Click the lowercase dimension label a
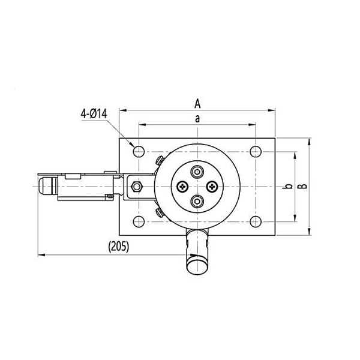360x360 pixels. pyautogui.click(x=197, y=118)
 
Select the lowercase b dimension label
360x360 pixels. pyautogui.click(x=289, y=187)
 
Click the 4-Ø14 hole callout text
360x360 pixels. pyautogui.click(x=92, y=112)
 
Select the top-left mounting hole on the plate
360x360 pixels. pyautogui.click(x=138, y=151)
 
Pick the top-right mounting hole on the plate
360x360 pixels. pyautogui.click(x=255, y=151)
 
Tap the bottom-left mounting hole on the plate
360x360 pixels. pyautogui.click(x=138, y=223)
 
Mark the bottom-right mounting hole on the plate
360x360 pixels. pyautogui.click(x=255, y=223)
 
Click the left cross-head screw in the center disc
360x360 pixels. pyautogui.click(x=182, y=187)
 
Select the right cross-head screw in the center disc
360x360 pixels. pyautogui.click(x=211, y=187)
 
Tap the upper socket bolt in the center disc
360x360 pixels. pyautogui.click(x=197, y=173)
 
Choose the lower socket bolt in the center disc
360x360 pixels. pyautogui.click(x=197, y=202)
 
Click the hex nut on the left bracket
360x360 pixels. pyautogui.click(x=136, y=187)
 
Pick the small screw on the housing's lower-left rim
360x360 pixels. pyautogui.click(x=158, y=212)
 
